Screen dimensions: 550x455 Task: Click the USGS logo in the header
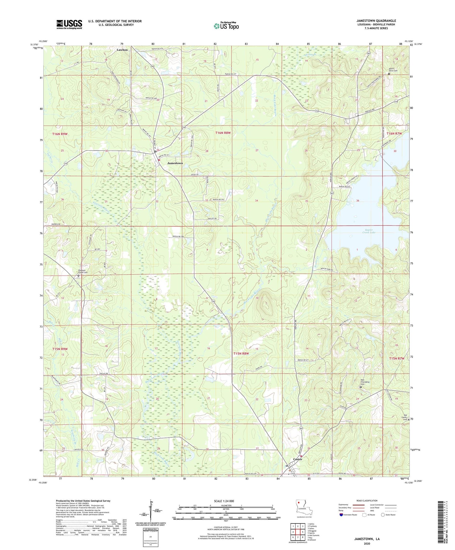pos(69,24)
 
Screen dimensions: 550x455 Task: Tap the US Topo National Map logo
pos(226,26)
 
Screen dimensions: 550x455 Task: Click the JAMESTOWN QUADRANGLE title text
pos(376,21)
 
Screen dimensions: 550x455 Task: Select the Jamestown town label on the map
pos(175,163)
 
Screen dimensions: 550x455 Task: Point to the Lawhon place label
pos(122,50)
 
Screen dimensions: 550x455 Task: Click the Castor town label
pos(298,459)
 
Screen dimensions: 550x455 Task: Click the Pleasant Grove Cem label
pos(79,272)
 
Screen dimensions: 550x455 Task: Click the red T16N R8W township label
pos(223,133)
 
